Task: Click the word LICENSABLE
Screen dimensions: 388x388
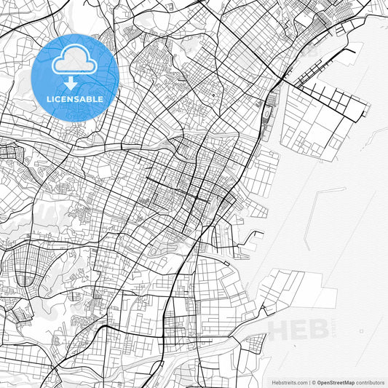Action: [x=75, y=98]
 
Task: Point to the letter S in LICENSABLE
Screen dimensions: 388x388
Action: [x=81, y=98]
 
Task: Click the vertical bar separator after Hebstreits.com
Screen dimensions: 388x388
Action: [x=309, y=381]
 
